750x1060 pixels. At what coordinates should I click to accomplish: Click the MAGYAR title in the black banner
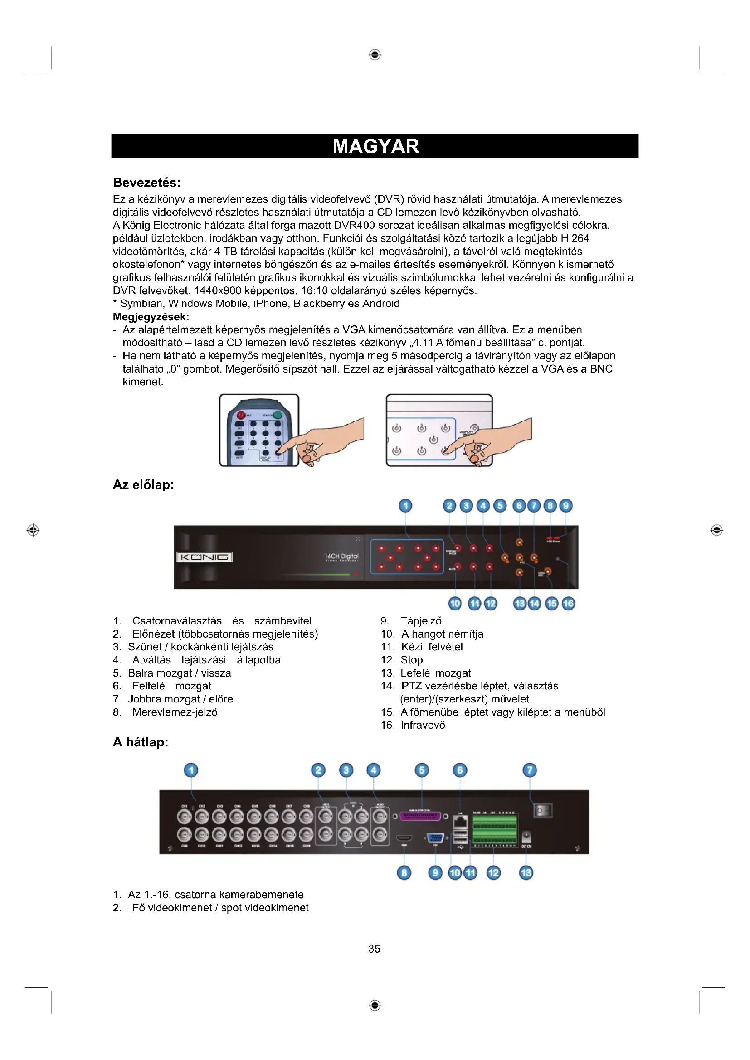[375, 146]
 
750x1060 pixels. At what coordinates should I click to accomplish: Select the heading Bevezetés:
[146, 183]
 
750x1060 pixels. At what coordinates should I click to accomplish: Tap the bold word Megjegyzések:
[151, 317]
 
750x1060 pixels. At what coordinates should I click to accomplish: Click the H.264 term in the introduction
[575, 238]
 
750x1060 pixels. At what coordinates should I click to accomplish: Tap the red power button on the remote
[241, 415]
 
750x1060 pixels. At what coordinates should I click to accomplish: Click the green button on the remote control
[278, 415]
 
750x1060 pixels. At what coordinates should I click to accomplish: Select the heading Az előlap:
[143, 485]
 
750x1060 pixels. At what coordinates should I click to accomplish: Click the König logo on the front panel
[204, 557]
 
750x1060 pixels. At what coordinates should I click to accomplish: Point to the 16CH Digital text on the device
[341, 557]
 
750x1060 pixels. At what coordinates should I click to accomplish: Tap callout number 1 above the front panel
[405, 506]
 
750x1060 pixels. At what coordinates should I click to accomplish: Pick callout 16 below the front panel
[568, 603]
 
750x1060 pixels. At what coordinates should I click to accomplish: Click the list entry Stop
[411, 660]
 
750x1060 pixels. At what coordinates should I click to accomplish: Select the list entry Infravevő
[423, 725]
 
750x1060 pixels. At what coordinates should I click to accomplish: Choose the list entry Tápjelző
[421, 621]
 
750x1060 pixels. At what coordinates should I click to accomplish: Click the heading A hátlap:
[141, 742]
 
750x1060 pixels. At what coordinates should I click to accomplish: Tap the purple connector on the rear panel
[420, 816]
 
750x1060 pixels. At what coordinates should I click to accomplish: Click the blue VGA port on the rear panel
[435, 838]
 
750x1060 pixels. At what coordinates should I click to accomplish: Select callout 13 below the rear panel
[526, 872]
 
